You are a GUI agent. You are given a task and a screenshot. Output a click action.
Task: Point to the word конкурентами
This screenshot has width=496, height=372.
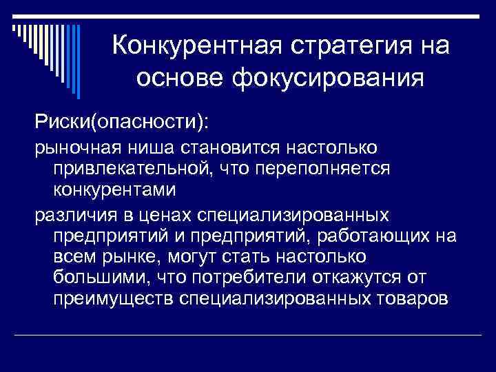[114, 189]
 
